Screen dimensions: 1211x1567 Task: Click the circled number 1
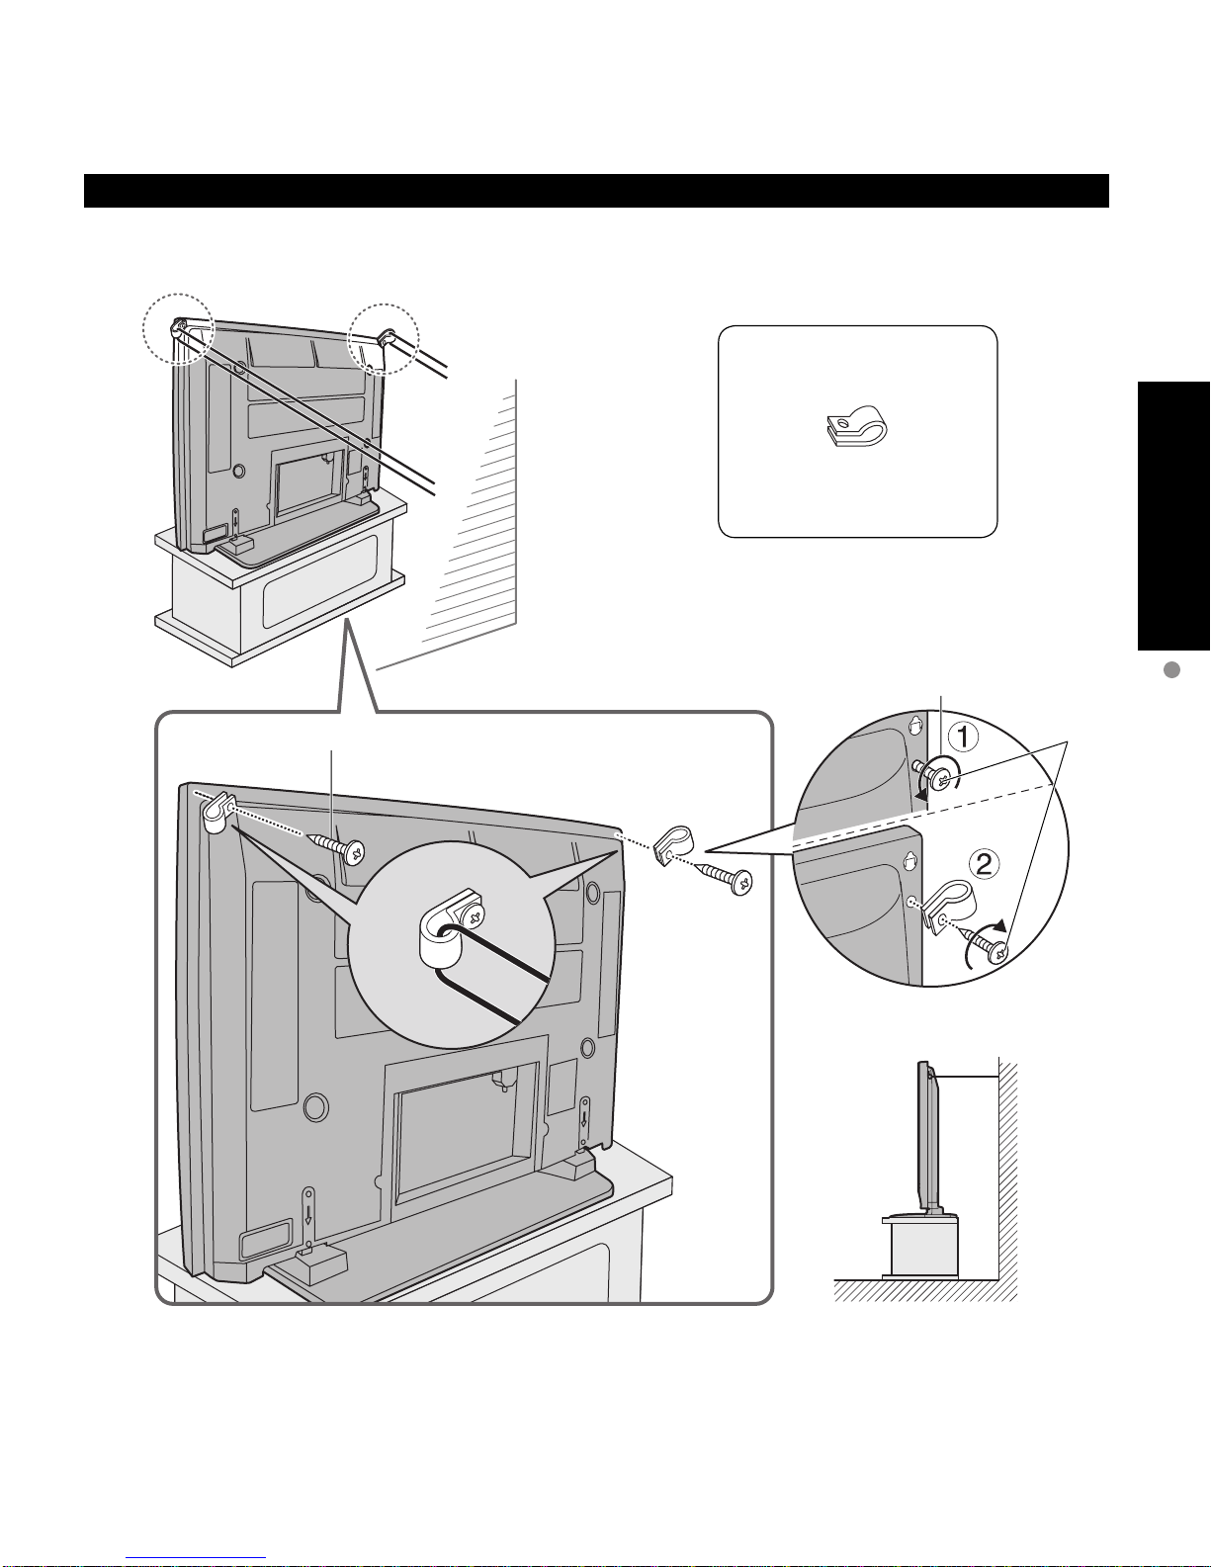[x=962, y=737]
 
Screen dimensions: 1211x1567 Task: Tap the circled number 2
[x=984, y=863]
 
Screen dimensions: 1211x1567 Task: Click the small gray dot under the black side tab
[x=1172, y=669]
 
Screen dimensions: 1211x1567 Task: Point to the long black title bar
[x=596, y=191]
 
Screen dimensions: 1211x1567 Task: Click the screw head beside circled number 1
[x=941, y=777]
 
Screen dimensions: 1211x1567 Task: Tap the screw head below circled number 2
[x=997, y=953]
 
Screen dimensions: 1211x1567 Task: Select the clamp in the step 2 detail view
[x=948, y=908]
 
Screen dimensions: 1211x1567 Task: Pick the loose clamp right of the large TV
[x=673, y=843]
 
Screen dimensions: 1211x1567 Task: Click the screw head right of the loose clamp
[x=741, y=882]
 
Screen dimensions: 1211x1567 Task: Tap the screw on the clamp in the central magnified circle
[x=475, y=916]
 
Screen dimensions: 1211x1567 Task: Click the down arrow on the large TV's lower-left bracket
[x=307, y=1214]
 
